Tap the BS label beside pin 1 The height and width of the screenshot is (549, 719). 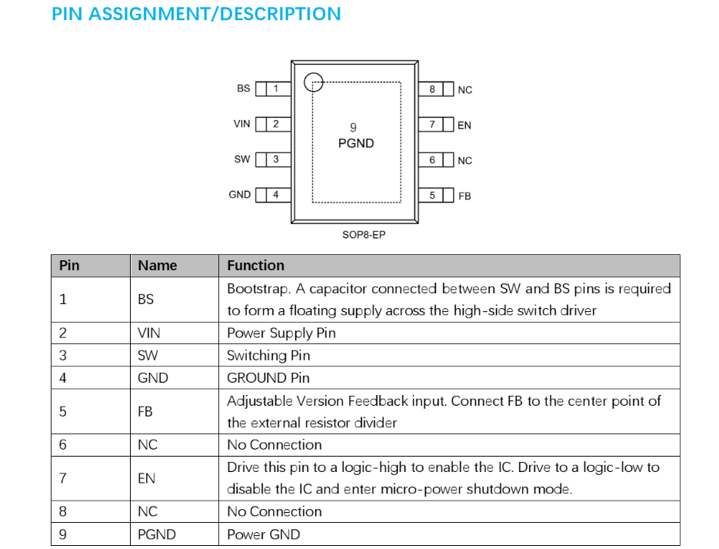pyautogui.click(x=244, y=88)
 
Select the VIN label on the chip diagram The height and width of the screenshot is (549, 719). pyautogui.click(x=241, y=124)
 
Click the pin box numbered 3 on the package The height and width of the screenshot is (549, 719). pyautogui.click(x=273, y=159)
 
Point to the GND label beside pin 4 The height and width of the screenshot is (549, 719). pyautogui.click(x=240, y=195)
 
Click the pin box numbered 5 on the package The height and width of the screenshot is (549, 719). pyautogui.click(x=436, y=195)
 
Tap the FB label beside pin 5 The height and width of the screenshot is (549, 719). pyautogui.click(x=464, y=196)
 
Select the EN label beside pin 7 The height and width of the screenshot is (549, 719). pyautogui.click(x=464, y=126)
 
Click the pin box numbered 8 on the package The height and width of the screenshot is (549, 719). pyautogui.click(x=436, y=89)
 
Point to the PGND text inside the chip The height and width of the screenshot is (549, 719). pyautogui.click(x=356, y=143)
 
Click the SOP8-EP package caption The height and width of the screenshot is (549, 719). pyautogui.click(x=364, y=235)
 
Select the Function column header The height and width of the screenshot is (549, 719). pyautogui.click(x=256, y=266)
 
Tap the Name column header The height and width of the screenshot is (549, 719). pyautogui.click(x=158, y=266)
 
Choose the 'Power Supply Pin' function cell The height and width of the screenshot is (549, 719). pyautogui.click(x=281, y=333)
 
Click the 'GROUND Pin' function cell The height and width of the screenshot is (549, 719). pyautogui.click(x=268, y=378)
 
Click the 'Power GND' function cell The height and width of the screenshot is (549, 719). pyautogui.click(x=263, y=534)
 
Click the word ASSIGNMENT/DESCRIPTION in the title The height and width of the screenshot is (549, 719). pyautogui.click(x=215, y=14)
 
